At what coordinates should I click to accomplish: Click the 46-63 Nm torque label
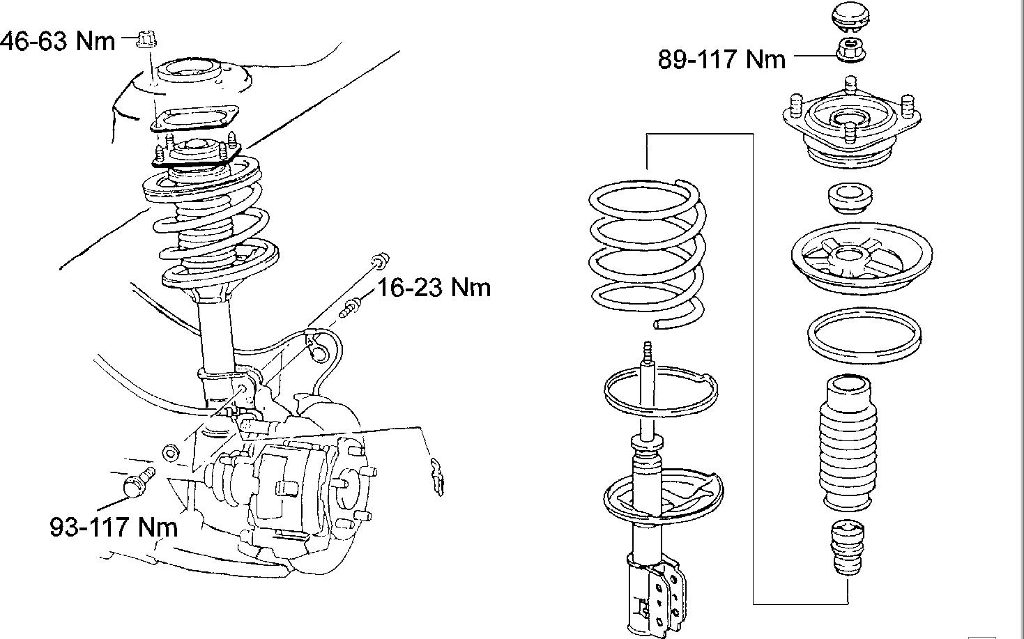pyautogui.click(x=58, y=41)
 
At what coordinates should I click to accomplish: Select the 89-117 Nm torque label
pyautogui.click(x=722, y=59)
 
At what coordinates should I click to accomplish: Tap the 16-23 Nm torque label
pyautogui.click(x=434, y=287)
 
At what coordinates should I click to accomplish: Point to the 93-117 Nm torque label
pyautogui.click(x=114, y=526)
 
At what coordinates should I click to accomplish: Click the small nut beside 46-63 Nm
pyautogui.click(x=146, y=40)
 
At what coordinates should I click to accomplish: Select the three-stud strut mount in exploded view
pyautogui.click(x=848, y=129)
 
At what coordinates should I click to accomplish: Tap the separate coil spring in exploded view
pyautogui.click(x=648, y=251)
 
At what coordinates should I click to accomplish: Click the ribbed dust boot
pyautogui.click(x=848, y=444)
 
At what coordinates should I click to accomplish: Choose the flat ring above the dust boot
pyautogui.click(x=863, y=334)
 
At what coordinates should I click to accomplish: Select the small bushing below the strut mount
pyautogui.click(x=849, y=198)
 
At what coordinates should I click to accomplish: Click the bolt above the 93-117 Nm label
pyautogui.click(x=137, y=481)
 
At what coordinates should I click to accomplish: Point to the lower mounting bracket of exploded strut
pyautogui.click(x=655, y=592)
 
